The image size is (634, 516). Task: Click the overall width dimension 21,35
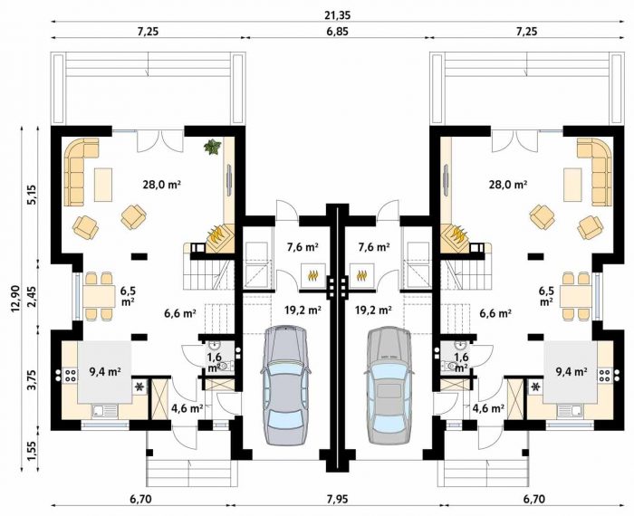[337, 15]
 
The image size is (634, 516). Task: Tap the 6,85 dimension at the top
[337, 32]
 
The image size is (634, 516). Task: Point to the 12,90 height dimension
[15, 299]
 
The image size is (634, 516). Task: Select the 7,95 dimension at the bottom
[337, 500]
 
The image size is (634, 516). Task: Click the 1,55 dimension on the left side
[32, 450]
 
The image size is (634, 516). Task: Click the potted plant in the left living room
[212, 147]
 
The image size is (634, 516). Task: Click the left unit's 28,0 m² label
[161, 185]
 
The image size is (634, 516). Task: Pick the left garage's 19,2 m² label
[303, 310]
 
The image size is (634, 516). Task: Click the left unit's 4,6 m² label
[187, 408]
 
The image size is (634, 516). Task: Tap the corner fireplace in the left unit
[220, 236]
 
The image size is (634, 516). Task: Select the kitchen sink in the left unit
[105, 411]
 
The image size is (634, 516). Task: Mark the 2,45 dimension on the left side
[32, 294]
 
